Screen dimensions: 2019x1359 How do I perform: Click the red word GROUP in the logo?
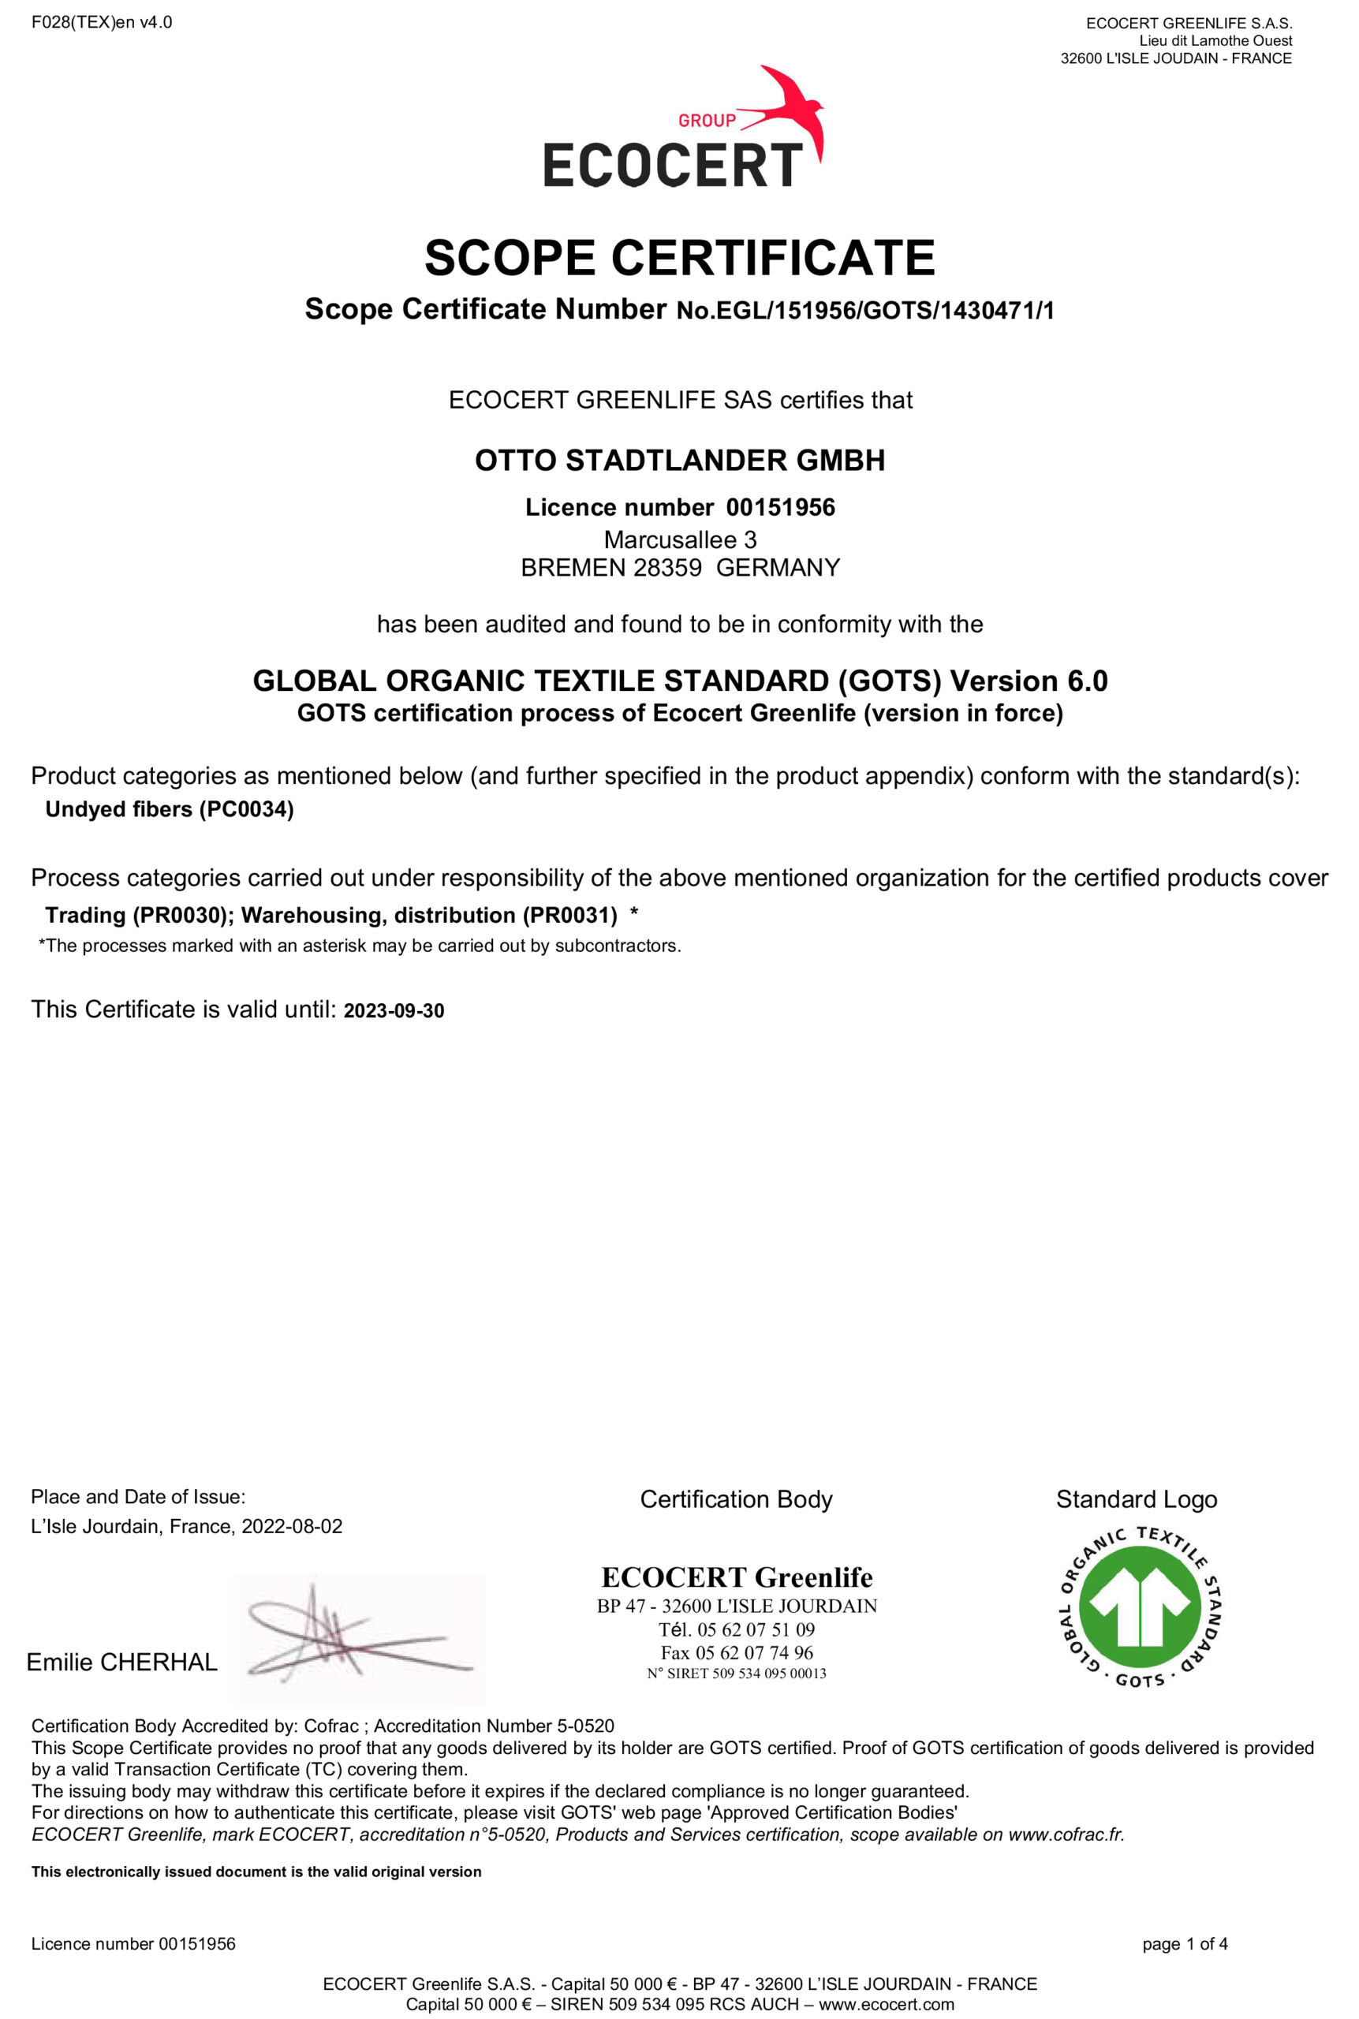tap(707, 121)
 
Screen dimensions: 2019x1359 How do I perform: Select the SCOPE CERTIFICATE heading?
tap(680, 257)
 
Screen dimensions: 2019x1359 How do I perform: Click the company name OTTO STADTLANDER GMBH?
tap(680, 460)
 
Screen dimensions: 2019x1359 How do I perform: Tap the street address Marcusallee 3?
tap(680, 539)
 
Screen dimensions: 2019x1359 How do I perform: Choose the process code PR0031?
tap(569, 915)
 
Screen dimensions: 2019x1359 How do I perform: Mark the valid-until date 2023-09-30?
tap(394, 1010)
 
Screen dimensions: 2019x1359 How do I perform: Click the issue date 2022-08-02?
tap(292, 1526)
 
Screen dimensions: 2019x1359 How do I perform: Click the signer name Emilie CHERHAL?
tap(121, 1662)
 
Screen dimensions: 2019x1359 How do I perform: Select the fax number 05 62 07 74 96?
tap(754, 1652)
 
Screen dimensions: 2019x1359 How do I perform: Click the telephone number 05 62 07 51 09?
tap(756, 1629)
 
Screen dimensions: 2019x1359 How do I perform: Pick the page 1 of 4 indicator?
tap(1184, 1943)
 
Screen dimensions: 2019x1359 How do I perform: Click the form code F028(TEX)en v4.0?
tap(102, 23)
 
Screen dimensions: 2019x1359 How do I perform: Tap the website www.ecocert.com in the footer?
tap(886, 2003)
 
